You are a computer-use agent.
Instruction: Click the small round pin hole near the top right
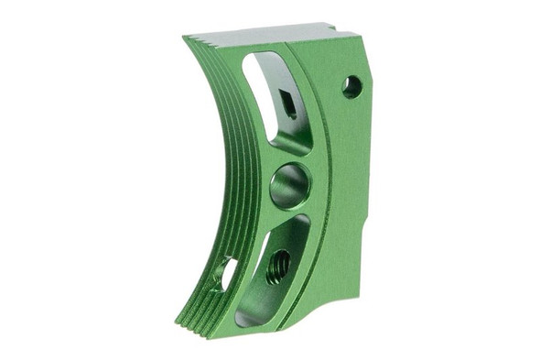(x=351, y=87)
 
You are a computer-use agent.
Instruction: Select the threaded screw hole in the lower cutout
(x=278, y=267)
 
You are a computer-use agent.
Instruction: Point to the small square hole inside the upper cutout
(x=287, y=105)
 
